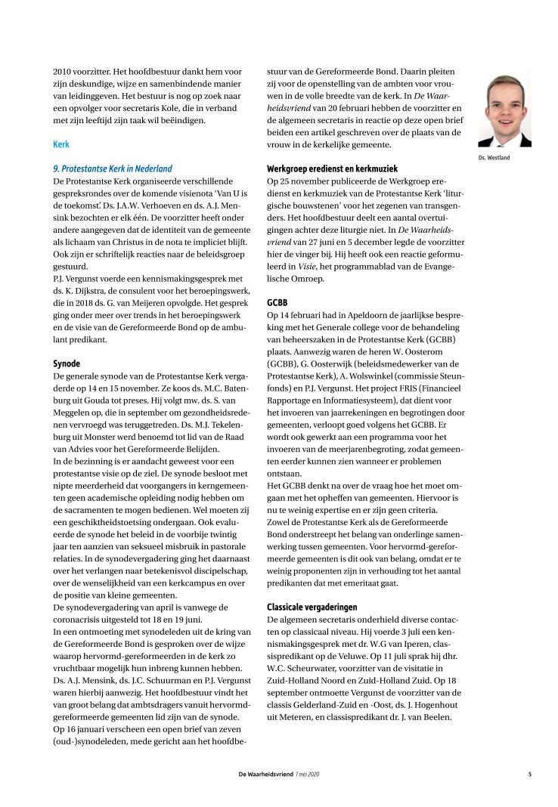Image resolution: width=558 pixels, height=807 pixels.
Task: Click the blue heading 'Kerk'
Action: (x=60, y=143)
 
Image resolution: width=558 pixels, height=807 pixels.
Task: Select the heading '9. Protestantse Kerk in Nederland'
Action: (x=113, y=169)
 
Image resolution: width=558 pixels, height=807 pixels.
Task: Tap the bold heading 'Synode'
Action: (x=67, y=363)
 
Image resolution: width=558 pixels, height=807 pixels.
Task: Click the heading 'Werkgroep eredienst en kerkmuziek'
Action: (x=333, y=169)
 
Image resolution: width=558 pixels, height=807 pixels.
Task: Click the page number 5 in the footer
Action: (x=529, y=773)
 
